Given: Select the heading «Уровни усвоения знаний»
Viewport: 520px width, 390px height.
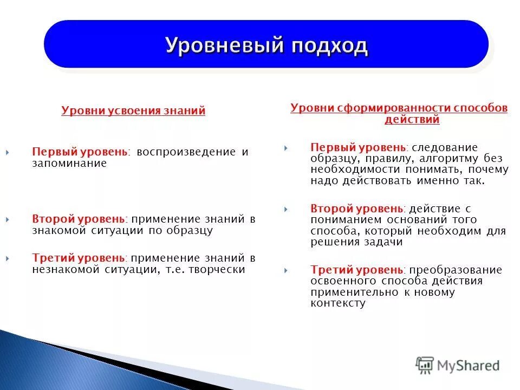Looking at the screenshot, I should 133,111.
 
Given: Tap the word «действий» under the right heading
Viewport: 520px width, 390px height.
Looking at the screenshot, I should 412,120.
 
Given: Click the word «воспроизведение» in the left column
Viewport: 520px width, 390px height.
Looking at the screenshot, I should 186,152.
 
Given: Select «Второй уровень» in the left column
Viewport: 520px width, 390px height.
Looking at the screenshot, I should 79,219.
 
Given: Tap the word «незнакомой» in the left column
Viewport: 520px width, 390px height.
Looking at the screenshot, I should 60,269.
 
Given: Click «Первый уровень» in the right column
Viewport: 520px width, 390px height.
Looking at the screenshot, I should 357,147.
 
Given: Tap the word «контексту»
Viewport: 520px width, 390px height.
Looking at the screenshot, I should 338,303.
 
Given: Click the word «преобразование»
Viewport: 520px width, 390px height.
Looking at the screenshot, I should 456,270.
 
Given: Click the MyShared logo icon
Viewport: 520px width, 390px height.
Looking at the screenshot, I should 425,366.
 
